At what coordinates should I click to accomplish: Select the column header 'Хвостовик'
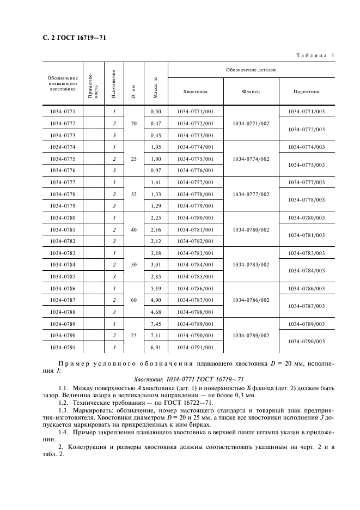tap(196, 92)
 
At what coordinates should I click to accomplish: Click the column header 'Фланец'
tap(251, 92)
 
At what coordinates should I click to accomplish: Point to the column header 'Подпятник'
tap(306, 92)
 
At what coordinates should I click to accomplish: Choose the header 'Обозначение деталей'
tap(251, 70)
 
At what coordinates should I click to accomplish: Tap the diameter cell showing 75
tap(134, 336)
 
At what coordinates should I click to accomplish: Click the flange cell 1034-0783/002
tap(251, 264)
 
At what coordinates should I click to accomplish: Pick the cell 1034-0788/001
tap(196, 312)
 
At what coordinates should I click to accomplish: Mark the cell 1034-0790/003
tap(306, 342)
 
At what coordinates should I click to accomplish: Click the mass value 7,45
tap(155, 324)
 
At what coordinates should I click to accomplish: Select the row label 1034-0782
tap(62, 241)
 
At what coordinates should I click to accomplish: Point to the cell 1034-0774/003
tap(306, 147)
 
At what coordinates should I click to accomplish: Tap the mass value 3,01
tap(155, 264)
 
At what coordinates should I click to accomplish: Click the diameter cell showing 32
tap(134, 193)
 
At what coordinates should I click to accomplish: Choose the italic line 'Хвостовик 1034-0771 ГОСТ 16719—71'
tap(179, 379)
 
